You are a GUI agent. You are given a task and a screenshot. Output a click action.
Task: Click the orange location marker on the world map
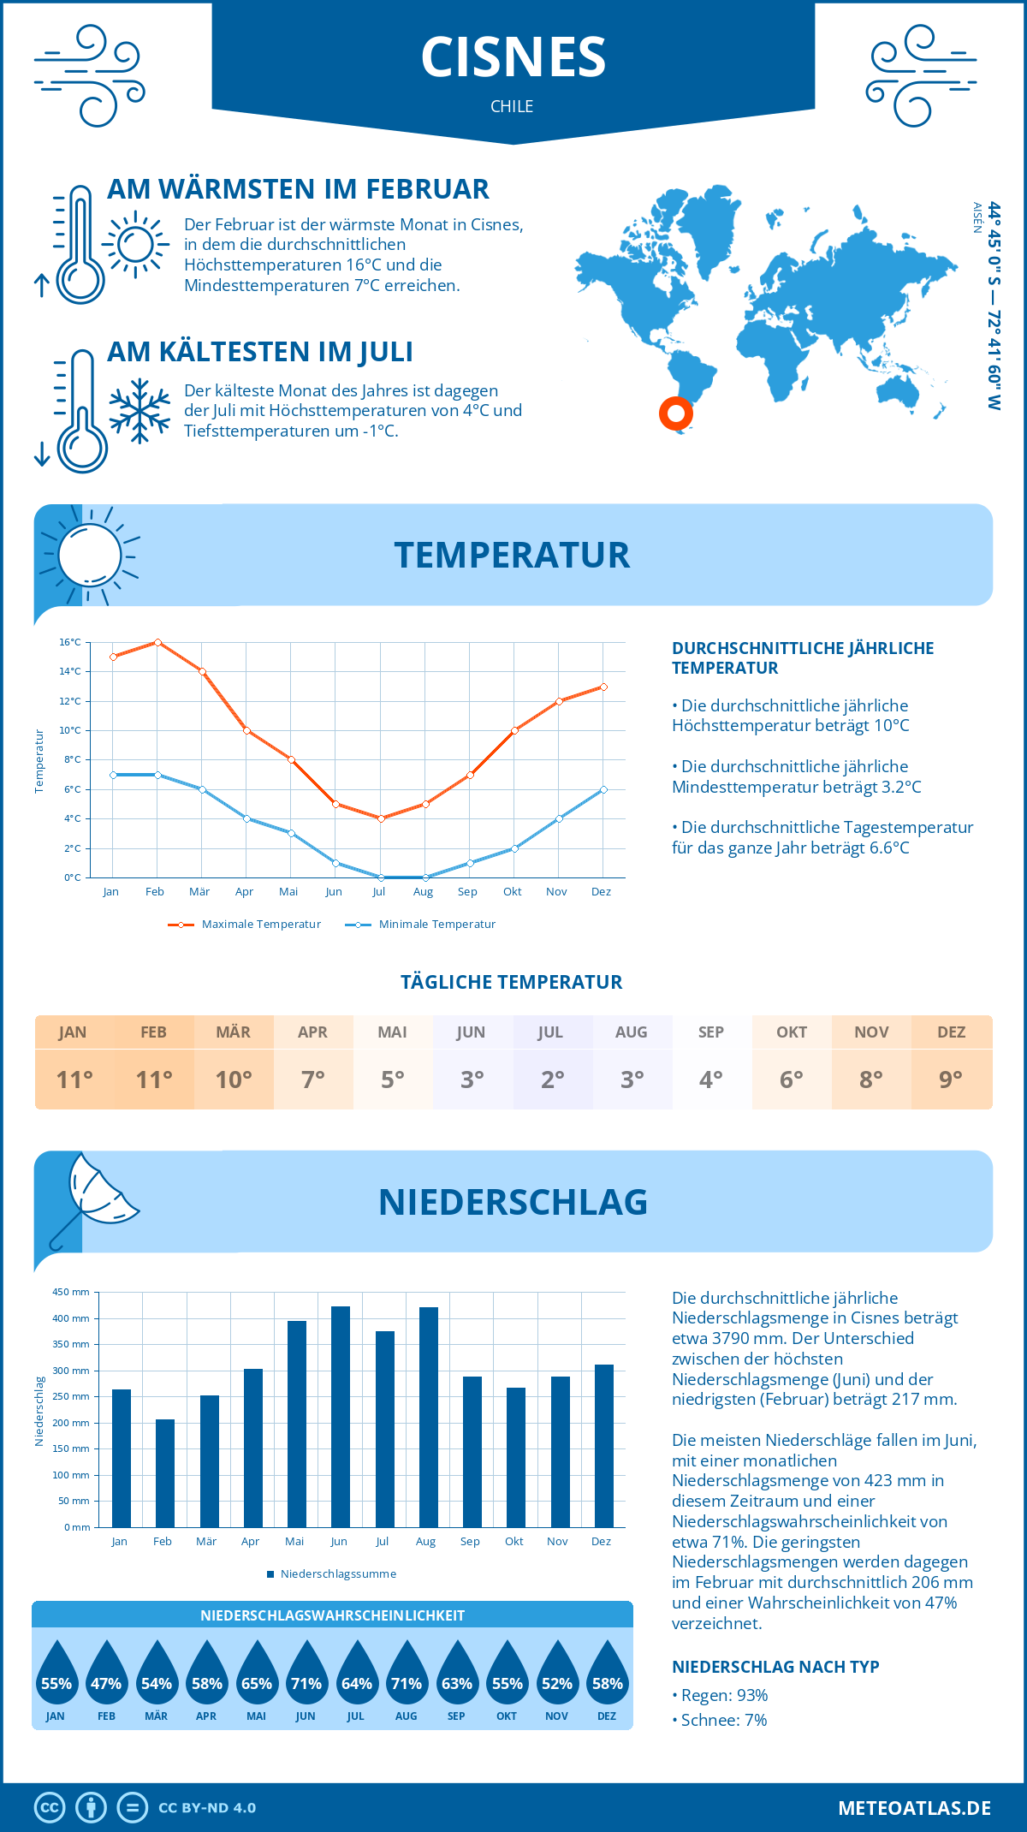pyautogui.click(x=676, y=413)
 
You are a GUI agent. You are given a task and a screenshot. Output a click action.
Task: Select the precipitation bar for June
pyautogui.click(x=341, y=1417)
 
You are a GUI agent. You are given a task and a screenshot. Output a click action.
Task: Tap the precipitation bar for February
pyautogui.click(x=165, y=1473)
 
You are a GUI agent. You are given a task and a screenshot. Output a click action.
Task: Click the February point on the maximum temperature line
pyautogui.click(x=157, y=642)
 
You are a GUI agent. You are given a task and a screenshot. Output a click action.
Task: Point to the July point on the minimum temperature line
pyautogui.click(x=381, y=877)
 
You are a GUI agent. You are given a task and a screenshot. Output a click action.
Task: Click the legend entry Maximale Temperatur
pyautogui.click(x=245, y=925)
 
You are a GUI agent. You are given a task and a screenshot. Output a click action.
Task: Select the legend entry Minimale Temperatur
pyautogui.click(x=421, y=925)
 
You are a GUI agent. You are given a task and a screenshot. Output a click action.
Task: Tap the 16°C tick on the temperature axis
pyautogui.click(x=70, y=642)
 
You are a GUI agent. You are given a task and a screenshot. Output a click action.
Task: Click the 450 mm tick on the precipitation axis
pyautogui.click(x=72, y=1292)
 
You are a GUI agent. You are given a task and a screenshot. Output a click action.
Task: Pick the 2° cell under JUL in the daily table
pyautogui.click(x=552, y=1080)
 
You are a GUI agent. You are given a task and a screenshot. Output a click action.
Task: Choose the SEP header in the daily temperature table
pyautogui.click(x=711, y=1032)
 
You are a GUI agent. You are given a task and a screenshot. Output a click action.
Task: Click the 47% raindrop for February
pyautogui.click(x=106, y=1674)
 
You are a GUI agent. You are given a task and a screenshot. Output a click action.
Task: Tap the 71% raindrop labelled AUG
pyautogui.click(x=407, y=1674)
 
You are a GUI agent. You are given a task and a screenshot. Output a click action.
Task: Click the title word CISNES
pyautogui.click(x=513, y=57)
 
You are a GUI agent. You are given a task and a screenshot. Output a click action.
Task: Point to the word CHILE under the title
pyautogui.click(x=512, y=106)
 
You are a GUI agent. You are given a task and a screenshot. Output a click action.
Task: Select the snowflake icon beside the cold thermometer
pyautogui.click(x=140, y=411)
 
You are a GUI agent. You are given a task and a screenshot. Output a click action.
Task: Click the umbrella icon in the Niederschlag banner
pyautogui.click(x=94, y=1199)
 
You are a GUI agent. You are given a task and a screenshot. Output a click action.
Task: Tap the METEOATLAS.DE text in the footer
pyautogui.click(x=914, y=1808)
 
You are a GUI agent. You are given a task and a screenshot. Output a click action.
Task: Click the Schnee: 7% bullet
pyautogui.click(x=720, y=1720)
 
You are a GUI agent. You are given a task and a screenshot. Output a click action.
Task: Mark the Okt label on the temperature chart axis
pyautogui.click(x=512, y=892)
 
